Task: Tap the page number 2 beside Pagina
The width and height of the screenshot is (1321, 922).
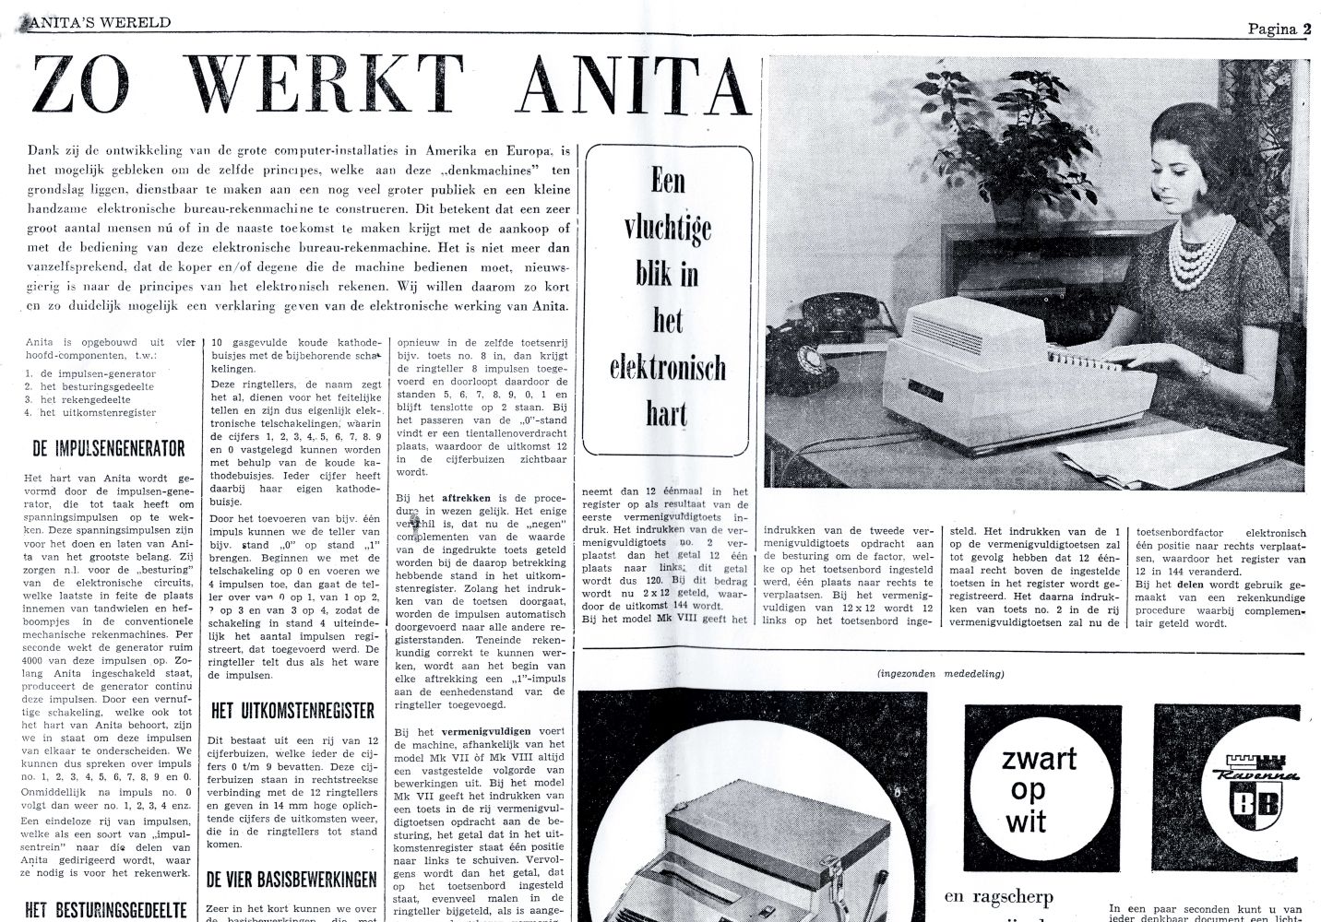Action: tap(1307, 29)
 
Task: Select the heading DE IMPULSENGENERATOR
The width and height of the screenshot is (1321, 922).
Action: tap(109, 449)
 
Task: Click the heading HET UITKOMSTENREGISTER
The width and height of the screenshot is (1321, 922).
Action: tap(292, 711)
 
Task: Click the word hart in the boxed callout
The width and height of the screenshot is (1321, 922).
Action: tap(667, 415)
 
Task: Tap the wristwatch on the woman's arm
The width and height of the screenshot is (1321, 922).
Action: tap(1206, 368)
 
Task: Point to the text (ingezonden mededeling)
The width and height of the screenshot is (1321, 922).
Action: tap(941, 674)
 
